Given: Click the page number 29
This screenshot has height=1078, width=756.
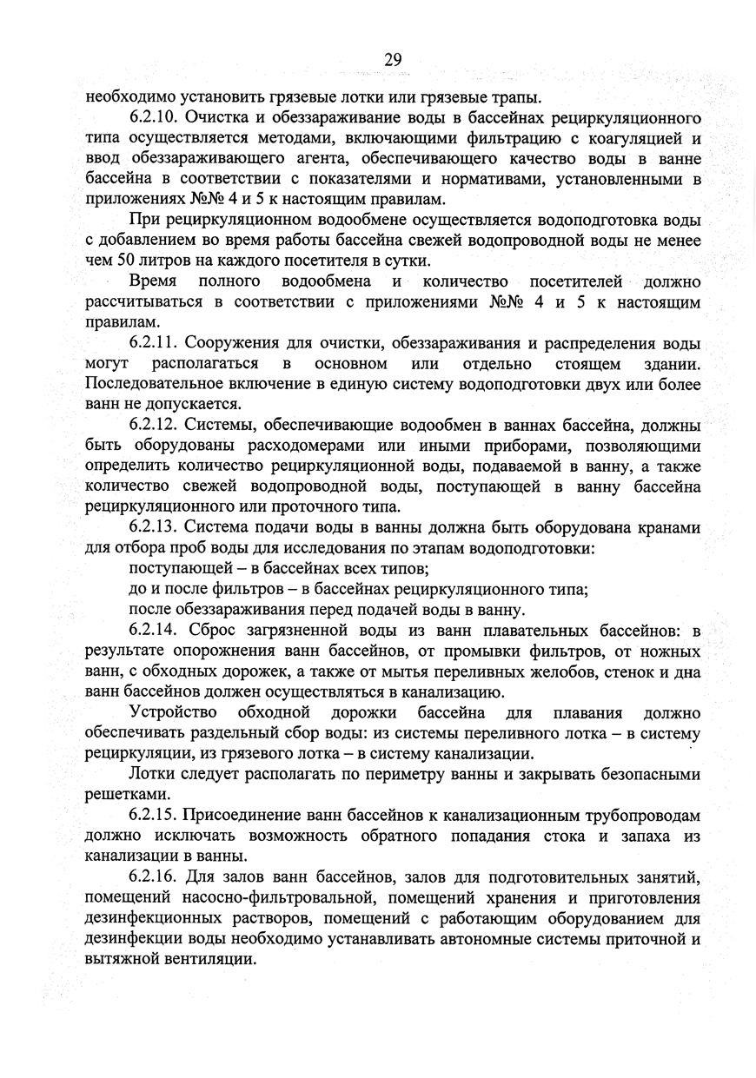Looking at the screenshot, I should (x=391, y=59).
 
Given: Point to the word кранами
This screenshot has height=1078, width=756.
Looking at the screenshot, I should (x=668, y=528).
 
